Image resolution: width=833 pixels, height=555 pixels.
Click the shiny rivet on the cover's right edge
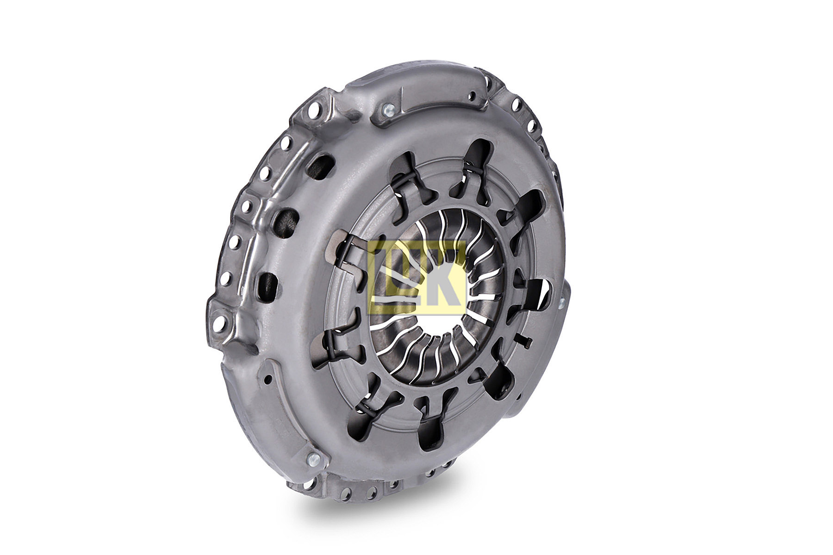(x=562, y=303)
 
